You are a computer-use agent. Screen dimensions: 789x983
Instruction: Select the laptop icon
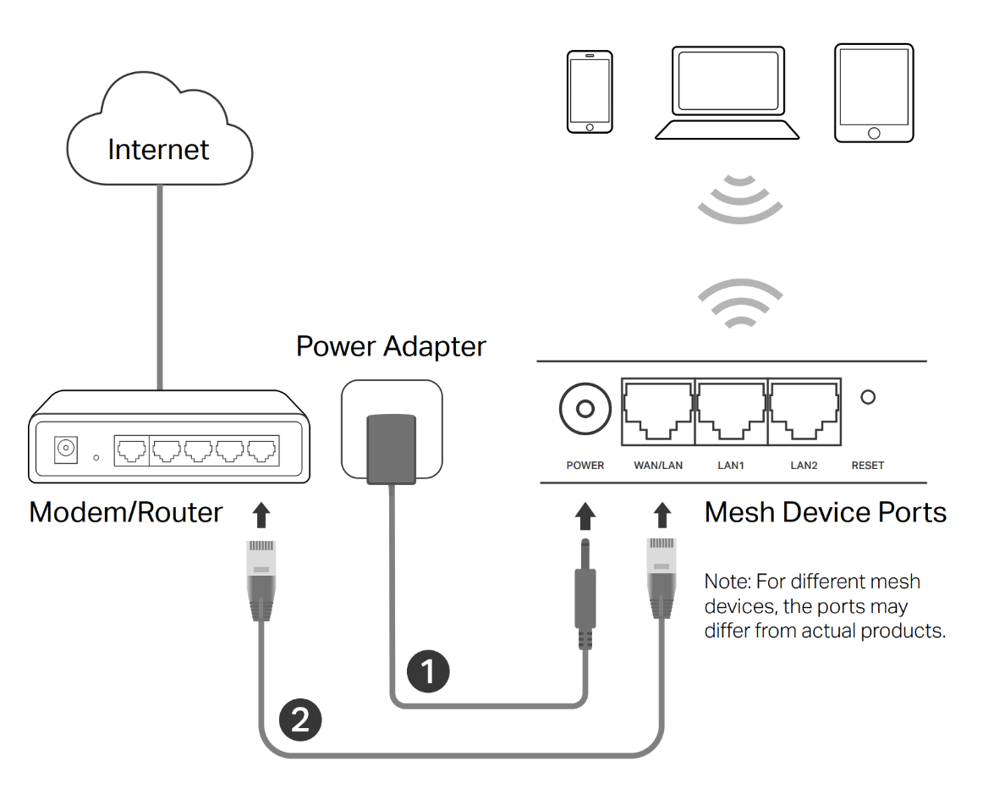coord(727,93)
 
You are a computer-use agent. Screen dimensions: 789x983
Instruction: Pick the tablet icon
coord(874,93)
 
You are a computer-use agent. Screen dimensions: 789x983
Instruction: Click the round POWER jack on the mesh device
coord(585,410)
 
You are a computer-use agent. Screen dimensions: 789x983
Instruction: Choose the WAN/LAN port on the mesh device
coord(658,410)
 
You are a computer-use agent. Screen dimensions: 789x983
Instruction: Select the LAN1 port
coord(731,410)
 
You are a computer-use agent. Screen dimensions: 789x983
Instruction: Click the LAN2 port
coord(805,410)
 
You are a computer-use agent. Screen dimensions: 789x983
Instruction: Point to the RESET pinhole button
coord(867,396)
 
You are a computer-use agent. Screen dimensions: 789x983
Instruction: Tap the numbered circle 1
coord(428,670)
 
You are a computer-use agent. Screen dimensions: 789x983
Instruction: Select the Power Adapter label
coord(391,345)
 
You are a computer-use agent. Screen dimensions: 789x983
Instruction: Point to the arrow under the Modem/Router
coord(261,514)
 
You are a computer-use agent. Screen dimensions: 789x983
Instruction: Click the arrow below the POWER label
coord(585,514)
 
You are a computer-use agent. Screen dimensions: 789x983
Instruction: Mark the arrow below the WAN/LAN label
coord(662,514)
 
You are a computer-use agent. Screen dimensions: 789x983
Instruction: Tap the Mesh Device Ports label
coord(825,512)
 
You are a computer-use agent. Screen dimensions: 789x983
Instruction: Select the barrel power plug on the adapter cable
coord(585,593)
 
